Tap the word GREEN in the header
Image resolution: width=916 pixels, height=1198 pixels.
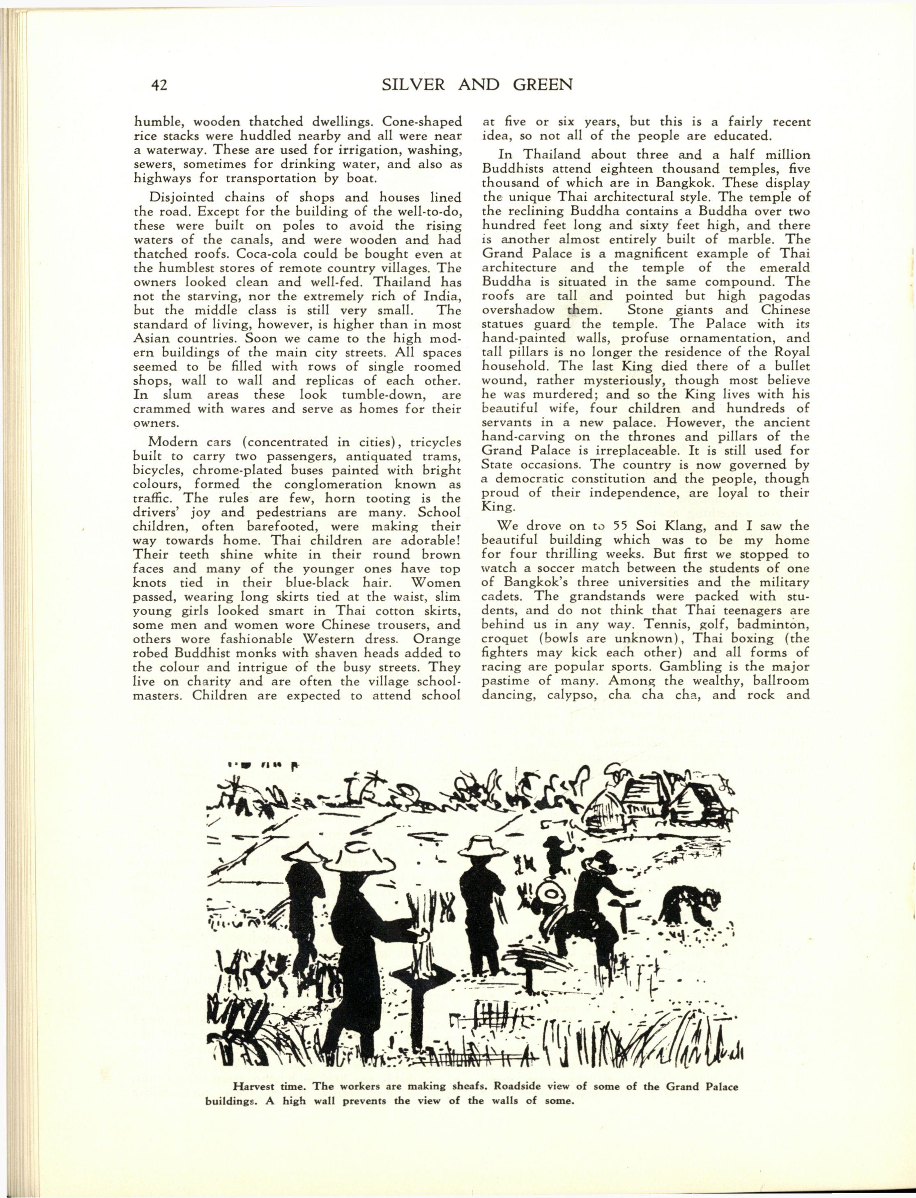point(538,85)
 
